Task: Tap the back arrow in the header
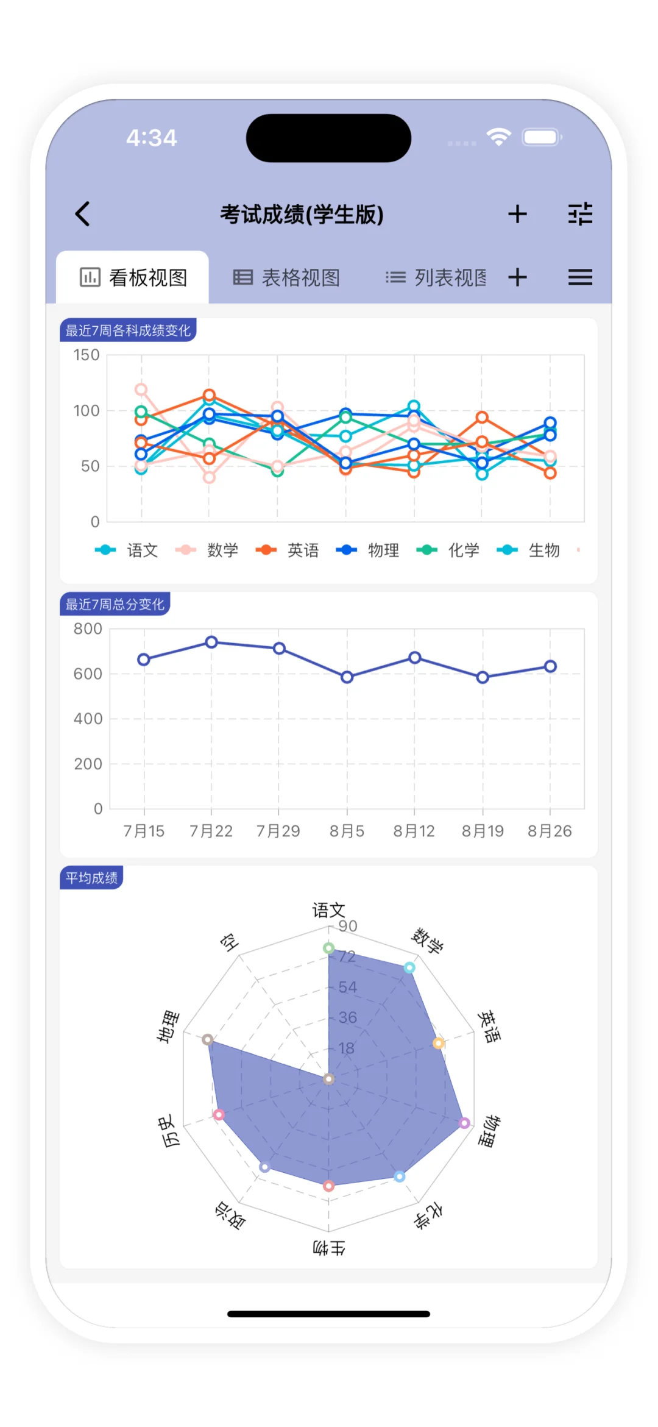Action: (x=83, y=214)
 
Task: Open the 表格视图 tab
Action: (x=286, y=278)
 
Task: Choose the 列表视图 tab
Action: (x=436, y=278)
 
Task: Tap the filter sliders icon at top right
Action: (x=580, y=214)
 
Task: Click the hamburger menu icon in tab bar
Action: (x=580, y=278)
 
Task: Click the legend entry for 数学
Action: (x=207, y=550)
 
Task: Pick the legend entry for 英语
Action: (x=288, y=550)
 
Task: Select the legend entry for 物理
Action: (x=368, y=550)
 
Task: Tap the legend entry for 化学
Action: (x=448, y=550)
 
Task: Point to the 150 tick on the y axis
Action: (x=87, y=355)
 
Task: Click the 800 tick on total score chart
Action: (x=88, y=628)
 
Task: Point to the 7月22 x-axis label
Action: (x=211, y=831)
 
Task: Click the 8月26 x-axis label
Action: (x=550, y=831)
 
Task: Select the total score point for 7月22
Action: (x=211, y=642)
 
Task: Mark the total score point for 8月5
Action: (x=347, y=677)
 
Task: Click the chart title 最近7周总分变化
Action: (x=115, y=604)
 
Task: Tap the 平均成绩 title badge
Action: (x=91, y=878)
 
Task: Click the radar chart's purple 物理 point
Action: (x=464, y=1123)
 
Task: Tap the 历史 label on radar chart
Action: (x=169, y=1131)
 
